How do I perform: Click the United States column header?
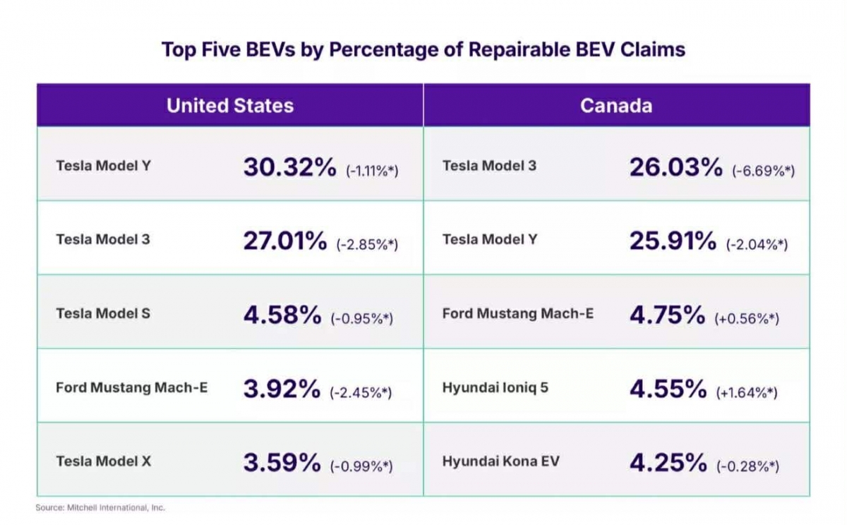230,106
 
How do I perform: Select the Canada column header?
615,106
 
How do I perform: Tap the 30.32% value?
289,167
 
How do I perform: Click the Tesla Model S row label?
103,313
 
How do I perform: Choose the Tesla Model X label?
104,461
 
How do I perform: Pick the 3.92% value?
282,389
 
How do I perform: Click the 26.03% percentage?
675,167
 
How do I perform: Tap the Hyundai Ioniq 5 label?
495,387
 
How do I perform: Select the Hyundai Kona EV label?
500,461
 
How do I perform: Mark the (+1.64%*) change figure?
747,392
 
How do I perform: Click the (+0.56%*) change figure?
747,318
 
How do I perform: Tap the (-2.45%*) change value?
361,392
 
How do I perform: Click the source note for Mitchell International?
100,507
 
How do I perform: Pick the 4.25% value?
668,463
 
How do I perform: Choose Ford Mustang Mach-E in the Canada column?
518,313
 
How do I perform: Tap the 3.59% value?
282,463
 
